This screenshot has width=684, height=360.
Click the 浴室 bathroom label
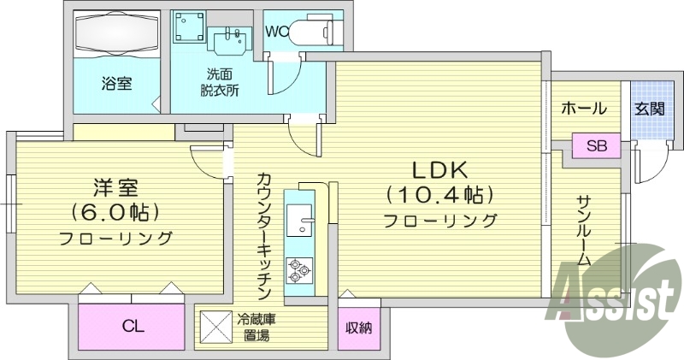(x=116, y=84)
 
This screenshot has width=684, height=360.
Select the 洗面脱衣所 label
(x=220, y=82)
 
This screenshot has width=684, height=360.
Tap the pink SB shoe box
(x=596, y=145)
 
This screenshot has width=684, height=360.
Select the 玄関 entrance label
(x=649, y=109)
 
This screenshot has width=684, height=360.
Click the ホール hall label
(x=584, y=109)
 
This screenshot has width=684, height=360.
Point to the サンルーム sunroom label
(x=584, y=229)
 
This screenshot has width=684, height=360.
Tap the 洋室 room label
(x=115, y=186)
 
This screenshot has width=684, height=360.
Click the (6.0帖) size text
(x=115, y=211)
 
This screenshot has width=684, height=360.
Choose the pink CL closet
(x=132, y=326)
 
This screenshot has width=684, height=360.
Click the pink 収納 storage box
(x=359, y=328)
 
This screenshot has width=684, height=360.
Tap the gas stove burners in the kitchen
(x=299, y=270)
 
